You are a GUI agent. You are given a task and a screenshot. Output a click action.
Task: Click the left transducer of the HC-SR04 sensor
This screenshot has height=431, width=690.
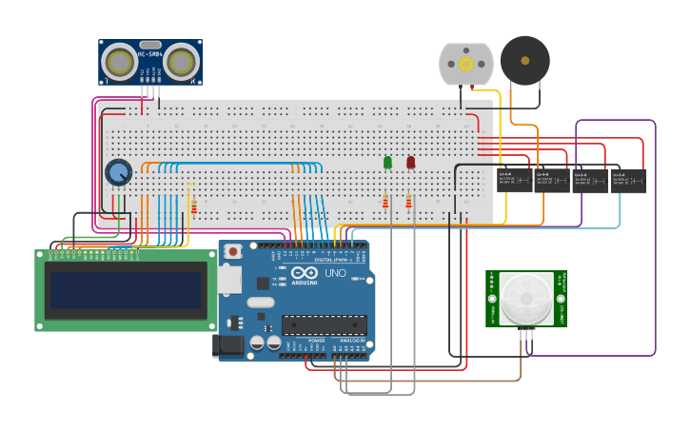121,63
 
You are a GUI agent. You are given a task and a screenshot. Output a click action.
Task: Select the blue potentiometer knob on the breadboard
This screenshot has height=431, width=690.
118,172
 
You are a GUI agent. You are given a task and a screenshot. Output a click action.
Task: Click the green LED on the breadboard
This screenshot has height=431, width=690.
387,163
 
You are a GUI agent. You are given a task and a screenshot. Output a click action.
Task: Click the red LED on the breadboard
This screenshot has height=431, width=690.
410,163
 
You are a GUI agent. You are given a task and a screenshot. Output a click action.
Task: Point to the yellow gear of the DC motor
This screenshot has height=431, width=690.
466,64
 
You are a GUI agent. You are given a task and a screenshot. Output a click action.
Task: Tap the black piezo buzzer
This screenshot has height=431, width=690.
524,60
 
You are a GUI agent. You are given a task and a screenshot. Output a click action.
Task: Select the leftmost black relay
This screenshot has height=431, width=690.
514,181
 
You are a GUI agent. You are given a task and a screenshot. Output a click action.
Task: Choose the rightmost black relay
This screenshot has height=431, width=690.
628,181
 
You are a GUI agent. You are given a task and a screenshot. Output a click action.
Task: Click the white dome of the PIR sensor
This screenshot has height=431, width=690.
525,298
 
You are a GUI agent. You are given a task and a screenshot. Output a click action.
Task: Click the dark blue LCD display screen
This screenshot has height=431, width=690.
126,290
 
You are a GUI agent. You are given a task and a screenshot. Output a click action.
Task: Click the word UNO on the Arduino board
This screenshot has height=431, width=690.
336,273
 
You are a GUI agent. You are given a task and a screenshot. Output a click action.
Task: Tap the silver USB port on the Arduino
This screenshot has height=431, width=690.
228,279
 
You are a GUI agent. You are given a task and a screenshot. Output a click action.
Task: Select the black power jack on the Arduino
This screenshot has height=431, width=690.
229,344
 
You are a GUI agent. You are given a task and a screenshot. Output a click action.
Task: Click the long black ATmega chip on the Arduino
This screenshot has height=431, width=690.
324,324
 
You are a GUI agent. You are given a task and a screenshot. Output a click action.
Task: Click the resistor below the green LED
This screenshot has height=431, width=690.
385,201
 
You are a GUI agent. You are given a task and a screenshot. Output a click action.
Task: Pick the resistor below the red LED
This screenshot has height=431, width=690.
408,201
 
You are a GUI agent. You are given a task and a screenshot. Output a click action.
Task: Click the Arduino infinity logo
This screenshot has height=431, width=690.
305,274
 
